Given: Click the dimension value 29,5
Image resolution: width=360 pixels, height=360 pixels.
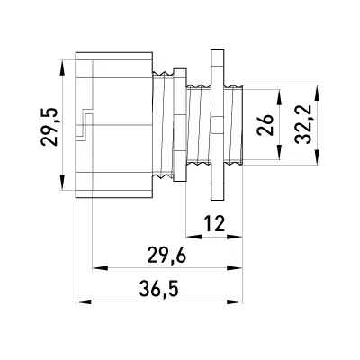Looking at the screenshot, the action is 49,127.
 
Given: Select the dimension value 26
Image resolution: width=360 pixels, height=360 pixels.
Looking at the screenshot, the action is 265,125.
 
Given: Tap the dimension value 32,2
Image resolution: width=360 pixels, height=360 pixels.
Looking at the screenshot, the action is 302,125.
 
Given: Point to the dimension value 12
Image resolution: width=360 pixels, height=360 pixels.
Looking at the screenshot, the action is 214,224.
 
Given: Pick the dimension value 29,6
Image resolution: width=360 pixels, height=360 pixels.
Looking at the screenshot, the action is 167,256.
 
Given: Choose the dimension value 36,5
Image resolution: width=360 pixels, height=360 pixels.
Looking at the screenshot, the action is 159,290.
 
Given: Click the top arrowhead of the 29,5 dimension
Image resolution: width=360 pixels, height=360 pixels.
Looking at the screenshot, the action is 62,67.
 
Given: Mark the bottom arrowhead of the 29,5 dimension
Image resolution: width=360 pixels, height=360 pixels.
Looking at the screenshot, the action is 62,183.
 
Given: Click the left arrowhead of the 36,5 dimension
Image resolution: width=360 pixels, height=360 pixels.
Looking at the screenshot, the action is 84,301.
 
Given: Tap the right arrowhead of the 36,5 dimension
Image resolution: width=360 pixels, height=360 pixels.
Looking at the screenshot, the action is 235,301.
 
